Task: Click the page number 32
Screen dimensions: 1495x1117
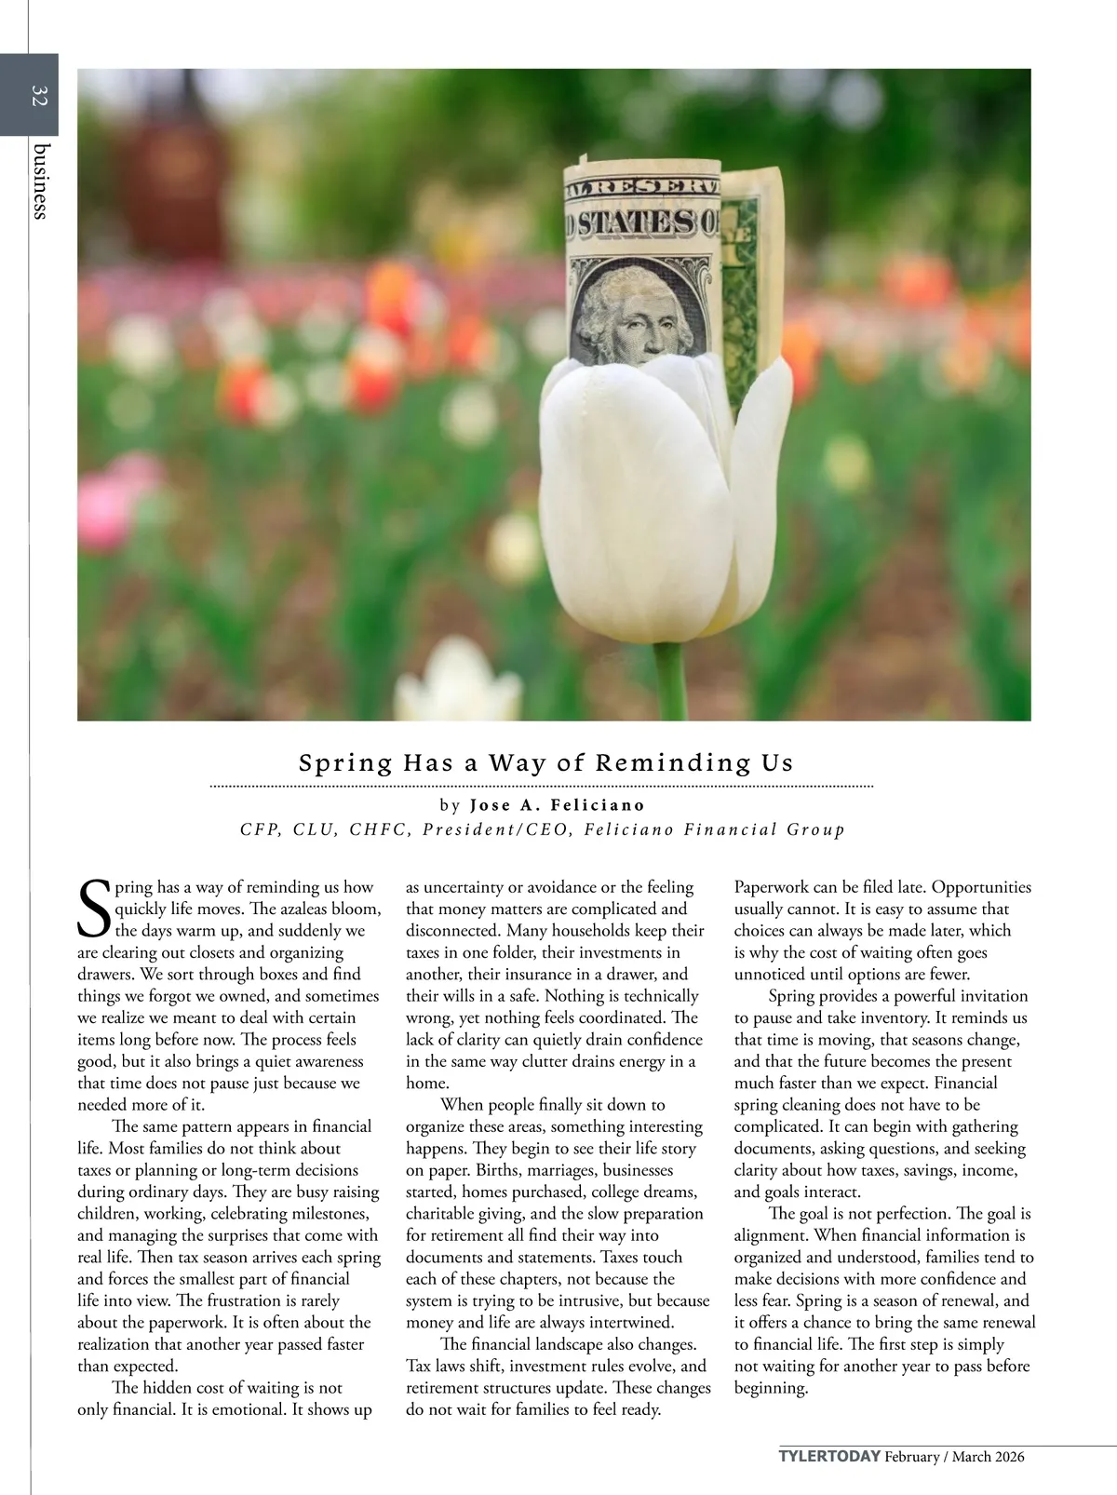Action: click(x=38, y=95)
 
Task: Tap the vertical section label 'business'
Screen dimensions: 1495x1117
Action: click(x=40, y=181)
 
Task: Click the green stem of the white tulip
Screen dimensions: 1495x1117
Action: click(x=670, y=680)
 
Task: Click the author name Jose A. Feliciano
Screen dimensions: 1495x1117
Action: click(x=557, y=804)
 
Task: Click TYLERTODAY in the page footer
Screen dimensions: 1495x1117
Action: click(x=829, y=1457)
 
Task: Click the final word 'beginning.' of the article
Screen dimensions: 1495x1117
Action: click(x=771, y=1387)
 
